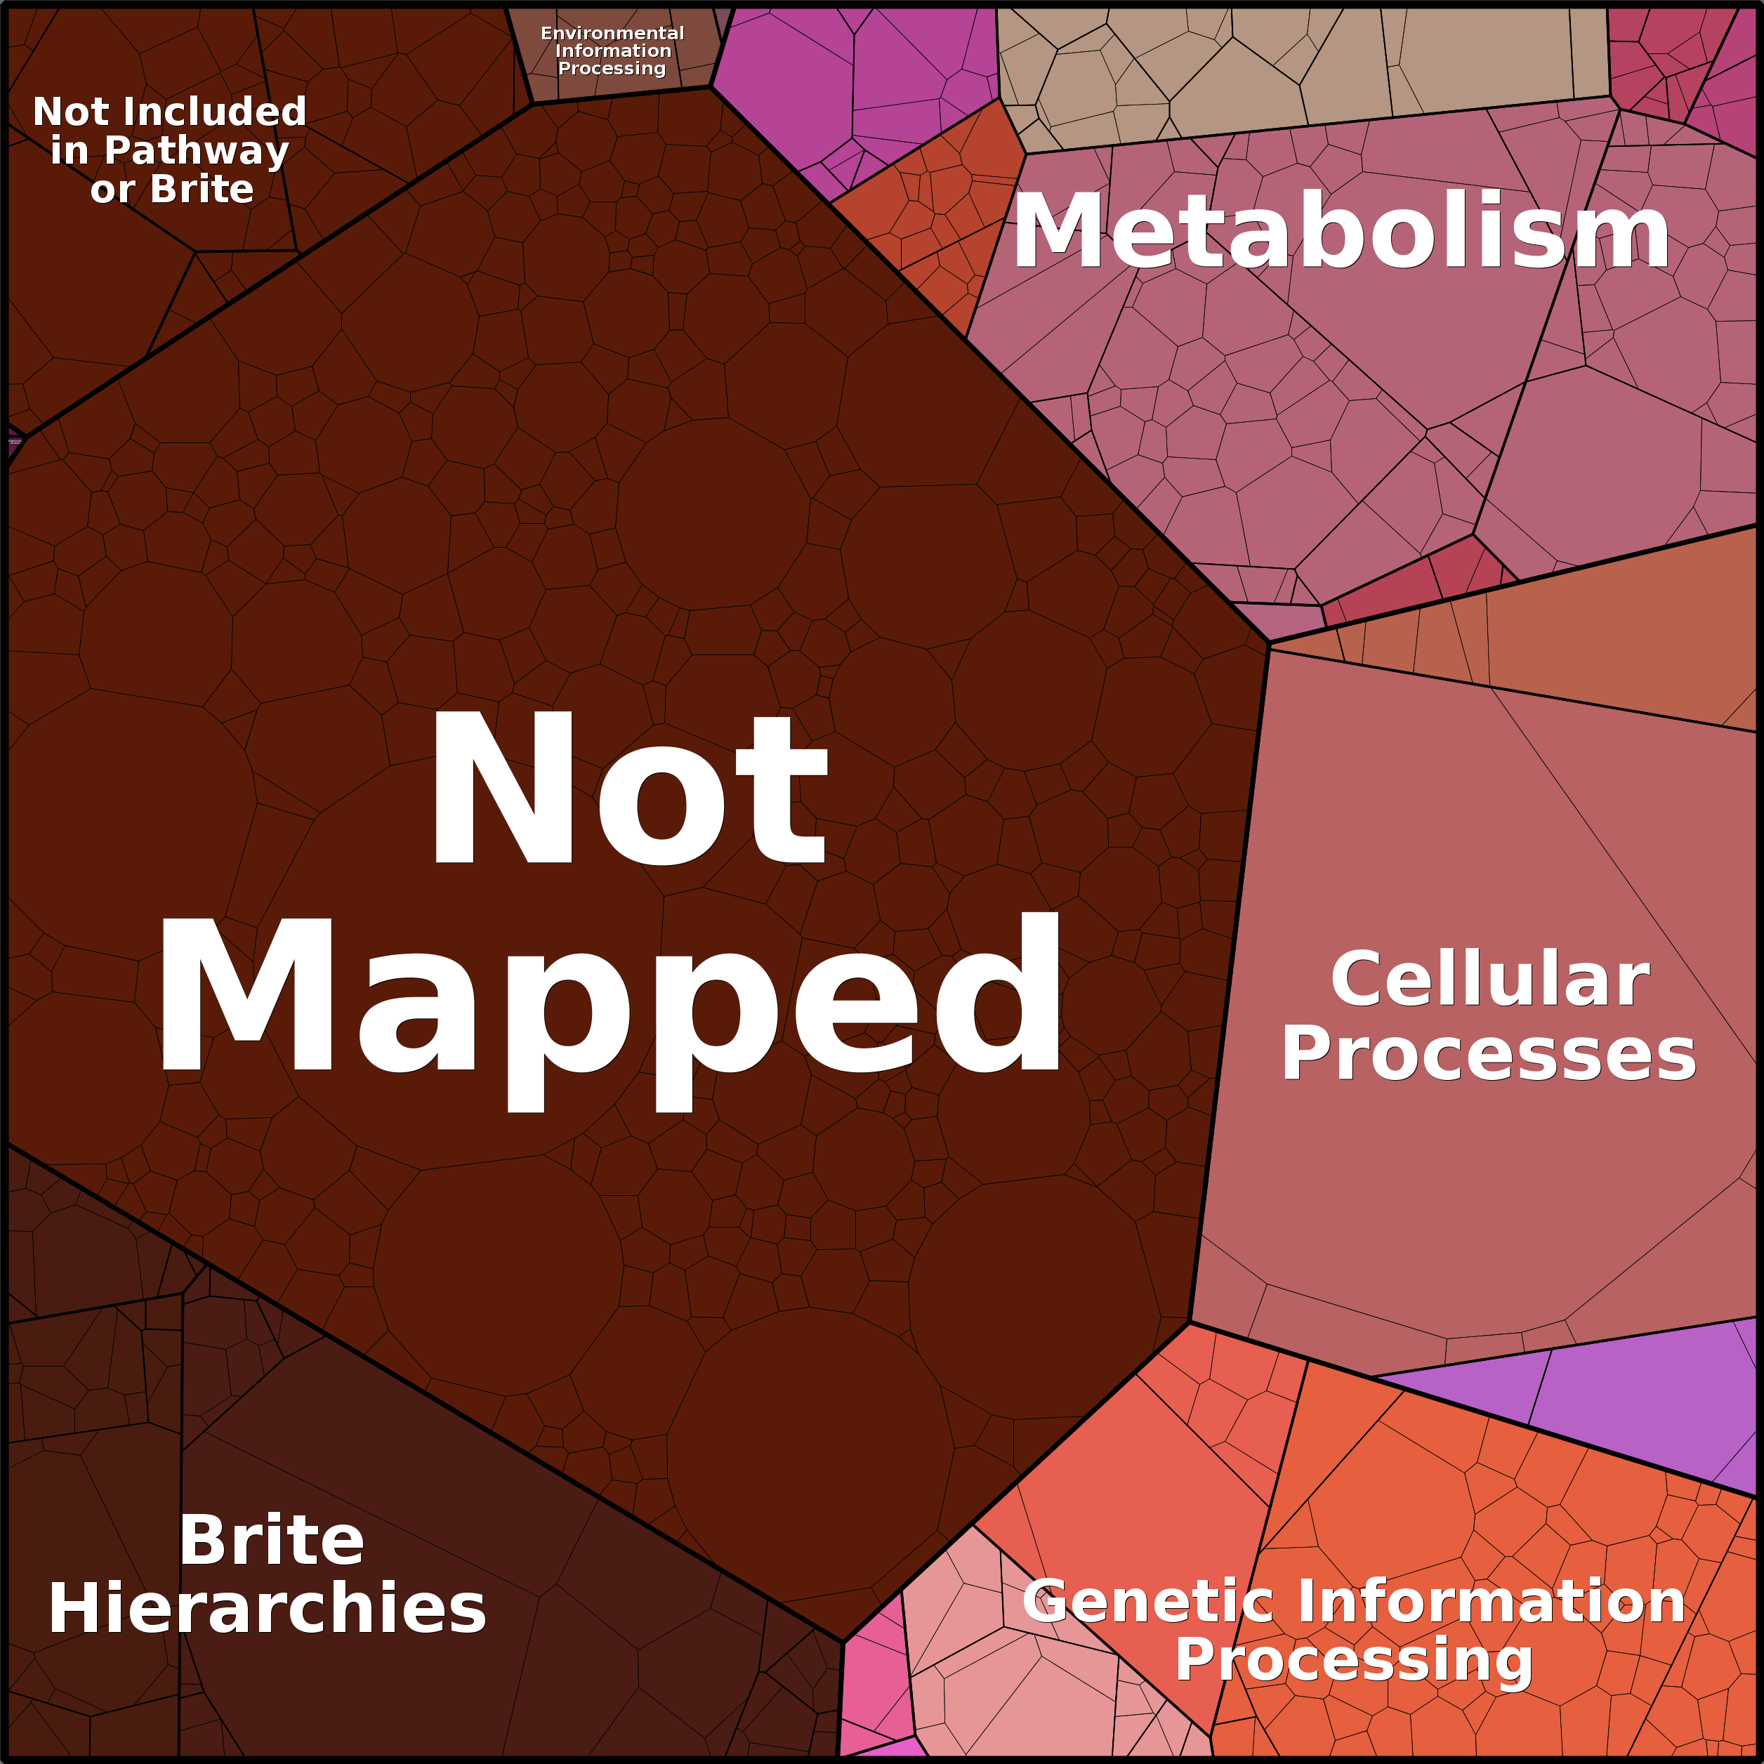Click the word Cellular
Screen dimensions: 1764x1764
1490,980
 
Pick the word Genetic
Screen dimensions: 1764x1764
1147,1600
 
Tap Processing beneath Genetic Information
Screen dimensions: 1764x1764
1353,1659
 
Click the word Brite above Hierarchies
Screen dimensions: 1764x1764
271,1540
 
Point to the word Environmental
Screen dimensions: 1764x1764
612,34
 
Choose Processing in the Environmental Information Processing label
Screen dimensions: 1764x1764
612,69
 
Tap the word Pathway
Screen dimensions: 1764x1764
197,152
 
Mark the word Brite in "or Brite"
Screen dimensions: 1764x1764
202,190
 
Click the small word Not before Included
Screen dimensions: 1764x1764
71,112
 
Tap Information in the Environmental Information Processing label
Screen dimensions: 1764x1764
612,51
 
